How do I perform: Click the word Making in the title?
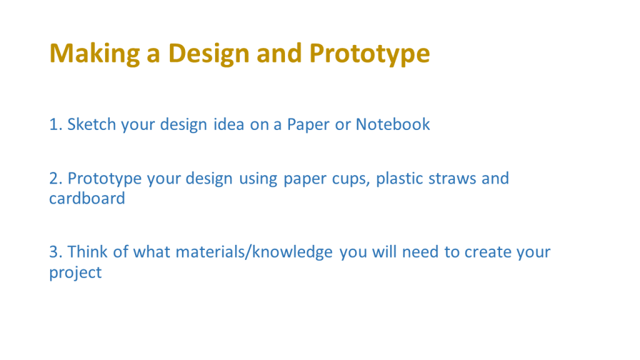coord(95,54)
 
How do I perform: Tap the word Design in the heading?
coord(209,54)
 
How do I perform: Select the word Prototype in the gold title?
coord(369,54)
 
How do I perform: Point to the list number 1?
coord(56,124)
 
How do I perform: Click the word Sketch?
coord(91,124)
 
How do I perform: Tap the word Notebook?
coord(392,124)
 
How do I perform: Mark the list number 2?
coord(56,179)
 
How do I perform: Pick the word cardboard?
coord(87,198)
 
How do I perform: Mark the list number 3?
coord(56,252)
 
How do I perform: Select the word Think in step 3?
coord(87,251)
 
